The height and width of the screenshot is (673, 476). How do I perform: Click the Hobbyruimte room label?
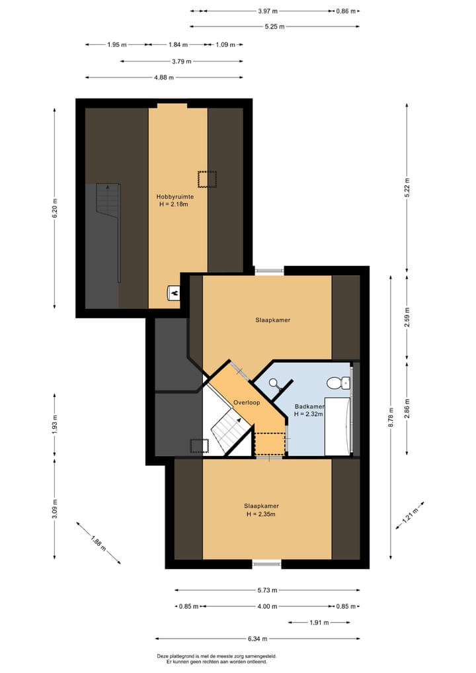(x=175, y=197)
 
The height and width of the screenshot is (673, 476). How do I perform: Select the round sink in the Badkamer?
(x=275, y=382)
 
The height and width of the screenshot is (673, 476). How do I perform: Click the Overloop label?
(x=247, y=402)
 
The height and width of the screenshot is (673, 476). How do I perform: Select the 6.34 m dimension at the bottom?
(x=258, y=639)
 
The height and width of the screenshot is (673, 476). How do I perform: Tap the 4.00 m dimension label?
(x=267, y=606)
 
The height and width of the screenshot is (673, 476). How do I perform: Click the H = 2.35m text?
(x=260, y=514)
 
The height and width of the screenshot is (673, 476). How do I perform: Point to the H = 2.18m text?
(x=174, y=204)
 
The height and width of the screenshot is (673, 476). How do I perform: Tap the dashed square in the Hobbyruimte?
(x=207, y=179)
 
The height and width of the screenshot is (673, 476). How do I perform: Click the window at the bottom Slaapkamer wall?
(x=267, y=564)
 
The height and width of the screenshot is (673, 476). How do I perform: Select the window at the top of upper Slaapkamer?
(x=269, y=270)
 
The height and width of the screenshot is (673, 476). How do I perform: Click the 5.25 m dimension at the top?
(x=274, y=26)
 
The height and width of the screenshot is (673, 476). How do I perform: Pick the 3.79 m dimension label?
(x=181, y=62)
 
